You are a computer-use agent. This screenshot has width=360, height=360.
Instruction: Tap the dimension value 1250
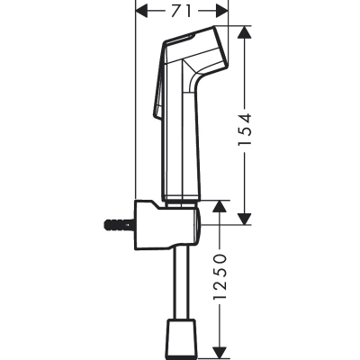click(220, 278)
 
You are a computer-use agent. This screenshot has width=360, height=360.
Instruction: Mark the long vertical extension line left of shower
click(135, 108)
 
